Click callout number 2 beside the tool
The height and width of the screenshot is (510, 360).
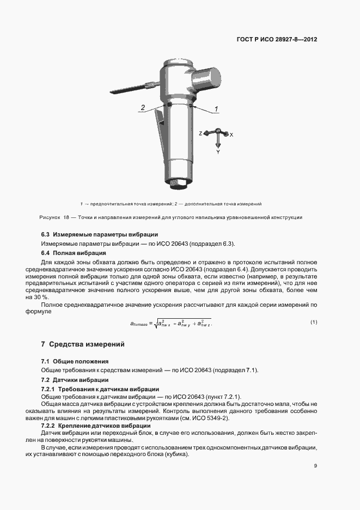tap(143, 108)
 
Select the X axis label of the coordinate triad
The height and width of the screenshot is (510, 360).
tap(231, 133)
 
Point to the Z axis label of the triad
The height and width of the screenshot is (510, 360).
tap(200, 133)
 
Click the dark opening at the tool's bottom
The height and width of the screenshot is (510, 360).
tap(178, 183)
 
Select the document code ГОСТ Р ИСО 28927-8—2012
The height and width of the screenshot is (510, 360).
tap(277, 40)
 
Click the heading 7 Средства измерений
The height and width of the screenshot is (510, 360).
tap(83, 344)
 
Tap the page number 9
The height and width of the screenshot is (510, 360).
tap(315, 466)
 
